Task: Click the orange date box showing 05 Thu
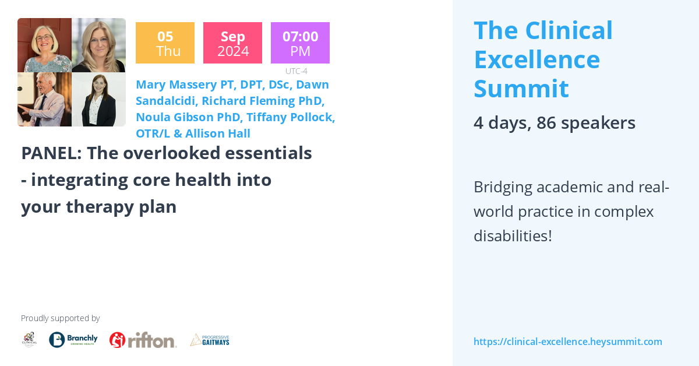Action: pos(165,43)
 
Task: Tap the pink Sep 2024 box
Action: pos(232,43)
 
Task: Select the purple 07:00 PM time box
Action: pos(300,43)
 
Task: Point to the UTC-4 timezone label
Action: pos(296,71)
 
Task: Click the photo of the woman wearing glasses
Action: pos(44,45)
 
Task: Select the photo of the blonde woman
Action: pos(98,45)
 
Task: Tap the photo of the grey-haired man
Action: pos(44,100)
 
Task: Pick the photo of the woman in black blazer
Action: pos(98,100)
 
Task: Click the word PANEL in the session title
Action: pos(51,153)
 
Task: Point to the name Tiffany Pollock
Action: pos(290,117)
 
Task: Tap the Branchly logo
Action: pos(73,340)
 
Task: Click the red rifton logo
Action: pos(143,340)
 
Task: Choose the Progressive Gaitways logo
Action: pos(210,340)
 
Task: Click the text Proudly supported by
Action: pos(60,318)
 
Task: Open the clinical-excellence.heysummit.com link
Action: pos(567,342)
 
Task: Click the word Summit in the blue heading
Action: pos(521,88)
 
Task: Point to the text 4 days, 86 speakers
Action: pos(554,123)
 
